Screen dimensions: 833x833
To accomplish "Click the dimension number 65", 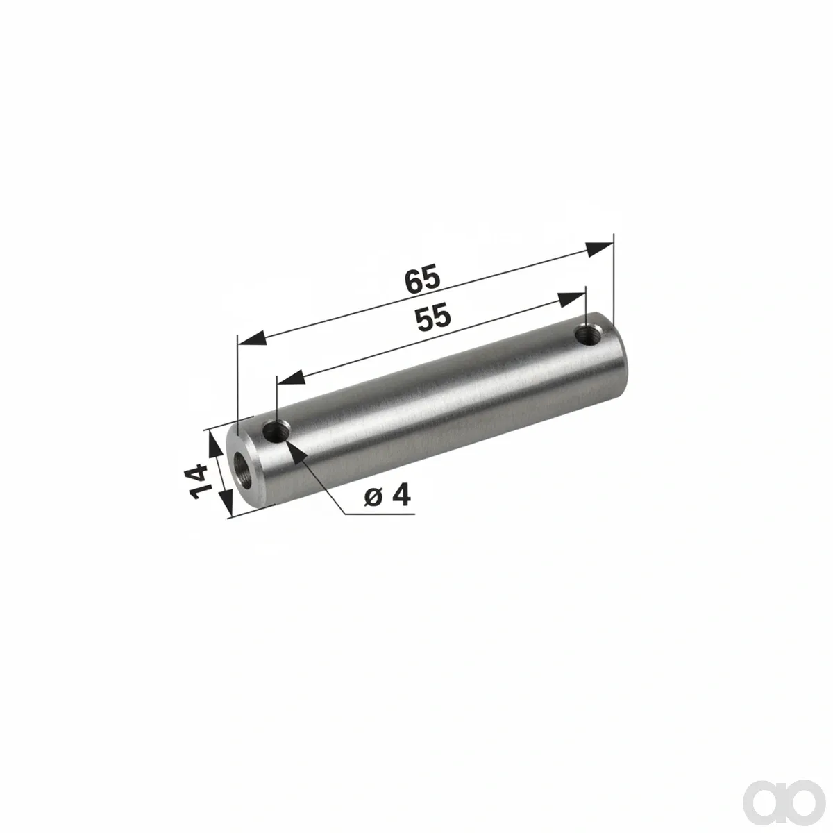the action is click(x=422, y=280).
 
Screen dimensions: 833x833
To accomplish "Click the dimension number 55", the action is click(x=432, y=318).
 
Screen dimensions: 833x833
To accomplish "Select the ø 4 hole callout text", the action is click(x=387, y=496).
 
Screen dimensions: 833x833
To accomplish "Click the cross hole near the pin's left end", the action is click(x=278, y=430).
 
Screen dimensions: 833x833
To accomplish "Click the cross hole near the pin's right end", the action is click(x=589, y=334).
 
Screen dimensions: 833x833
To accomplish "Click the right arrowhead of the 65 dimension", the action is click(x=600, y=249).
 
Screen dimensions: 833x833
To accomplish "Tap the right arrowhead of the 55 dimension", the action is click(x=571, y=298).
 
